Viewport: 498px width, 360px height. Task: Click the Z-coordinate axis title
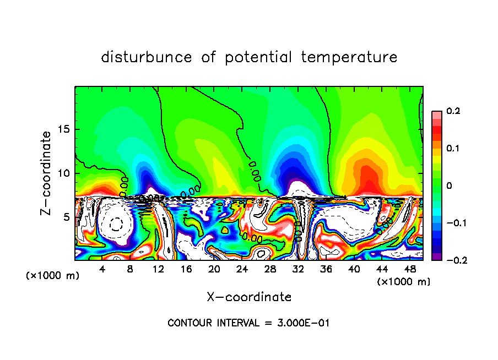point(46,172)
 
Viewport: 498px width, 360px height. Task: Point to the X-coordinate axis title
point(249,297)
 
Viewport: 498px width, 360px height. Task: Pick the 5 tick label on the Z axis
point(66,217)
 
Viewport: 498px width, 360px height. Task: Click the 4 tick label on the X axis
point(102,269)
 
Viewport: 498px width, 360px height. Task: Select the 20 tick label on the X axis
point(214,269)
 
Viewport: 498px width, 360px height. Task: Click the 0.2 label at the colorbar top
point(453,111)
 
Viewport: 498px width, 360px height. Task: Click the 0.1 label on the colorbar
point(453,149)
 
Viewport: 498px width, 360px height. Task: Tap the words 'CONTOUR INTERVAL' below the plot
point(212,323)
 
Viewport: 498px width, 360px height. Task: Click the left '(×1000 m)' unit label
point(52,276)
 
